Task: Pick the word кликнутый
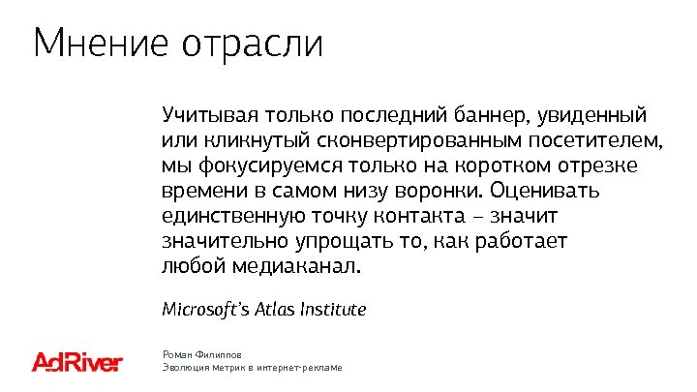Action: click(x=243, y=141)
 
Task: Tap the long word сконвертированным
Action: click(x=394, y=141)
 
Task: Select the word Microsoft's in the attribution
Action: click(x=205, y=310)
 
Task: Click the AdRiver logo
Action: click(x=77, y=362)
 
